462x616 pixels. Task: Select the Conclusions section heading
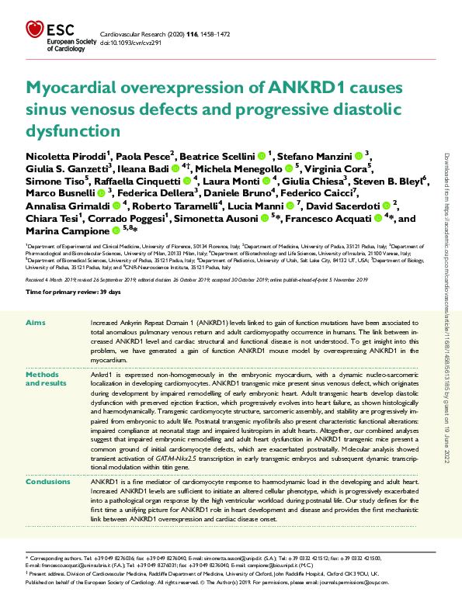click(x=48, y=482)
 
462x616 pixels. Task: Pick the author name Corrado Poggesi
click(x=126, y=219)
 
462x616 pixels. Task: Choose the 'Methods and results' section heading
click(x=47, y=379)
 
